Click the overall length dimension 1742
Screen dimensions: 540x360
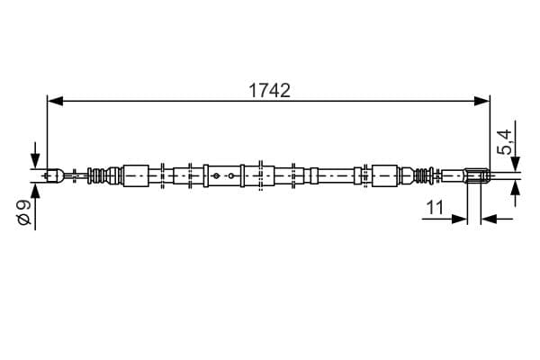269,91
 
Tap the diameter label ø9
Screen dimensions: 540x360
24,212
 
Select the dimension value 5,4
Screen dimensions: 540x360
503,142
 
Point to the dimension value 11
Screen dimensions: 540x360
435,207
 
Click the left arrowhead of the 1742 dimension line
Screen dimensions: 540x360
55,101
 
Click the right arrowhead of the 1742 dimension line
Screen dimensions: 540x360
481,101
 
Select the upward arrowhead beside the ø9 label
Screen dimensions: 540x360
35,191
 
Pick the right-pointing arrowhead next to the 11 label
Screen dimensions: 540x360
459,219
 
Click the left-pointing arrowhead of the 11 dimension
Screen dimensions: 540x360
489,219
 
